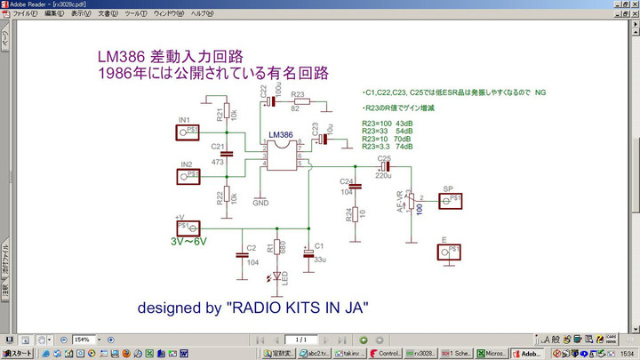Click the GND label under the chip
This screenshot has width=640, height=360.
click(260, 203)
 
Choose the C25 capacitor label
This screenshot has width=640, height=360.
click(384, 157)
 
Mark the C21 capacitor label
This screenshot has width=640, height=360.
click(218, 146)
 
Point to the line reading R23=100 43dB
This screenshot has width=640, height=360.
click(388, 122)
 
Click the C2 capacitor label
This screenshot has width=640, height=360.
click(252, 248)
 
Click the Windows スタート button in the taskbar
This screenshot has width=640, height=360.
click(18, 353)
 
